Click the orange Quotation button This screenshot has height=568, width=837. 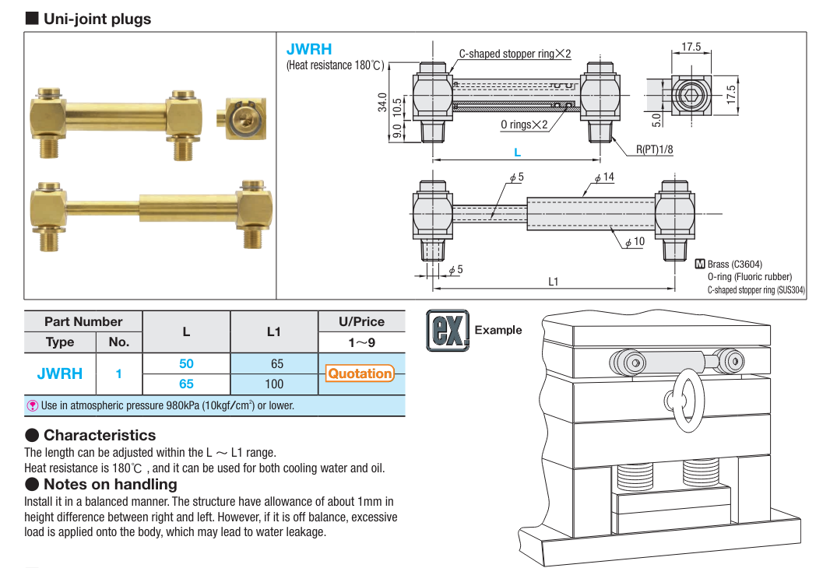[360, 373]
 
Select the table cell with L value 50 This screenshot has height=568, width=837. [186, 363]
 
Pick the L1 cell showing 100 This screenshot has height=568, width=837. [274, 384]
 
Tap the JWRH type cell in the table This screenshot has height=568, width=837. [60, 373]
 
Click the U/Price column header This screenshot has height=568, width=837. [361, 321]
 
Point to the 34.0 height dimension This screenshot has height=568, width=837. [382, 102]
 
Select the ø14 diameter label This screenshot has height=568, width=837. [604, 177]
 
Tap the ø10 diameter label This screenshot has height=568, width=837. [635, 242]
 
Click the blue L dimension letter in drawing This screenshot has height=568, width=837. [517, 152]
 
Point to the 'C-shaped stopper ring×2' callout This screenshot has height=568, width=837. [515, 54]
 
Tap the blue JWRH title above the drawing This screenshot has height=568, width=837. [309, 49]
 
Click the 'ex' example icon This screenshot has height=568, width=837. [448, 329]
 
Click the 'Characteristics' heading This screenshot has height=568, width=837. [100, 435]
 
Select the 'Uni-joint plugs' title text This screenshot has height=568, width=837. [97, 19]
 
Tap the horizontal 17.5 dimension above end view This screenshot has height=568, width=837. [691, 47]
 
